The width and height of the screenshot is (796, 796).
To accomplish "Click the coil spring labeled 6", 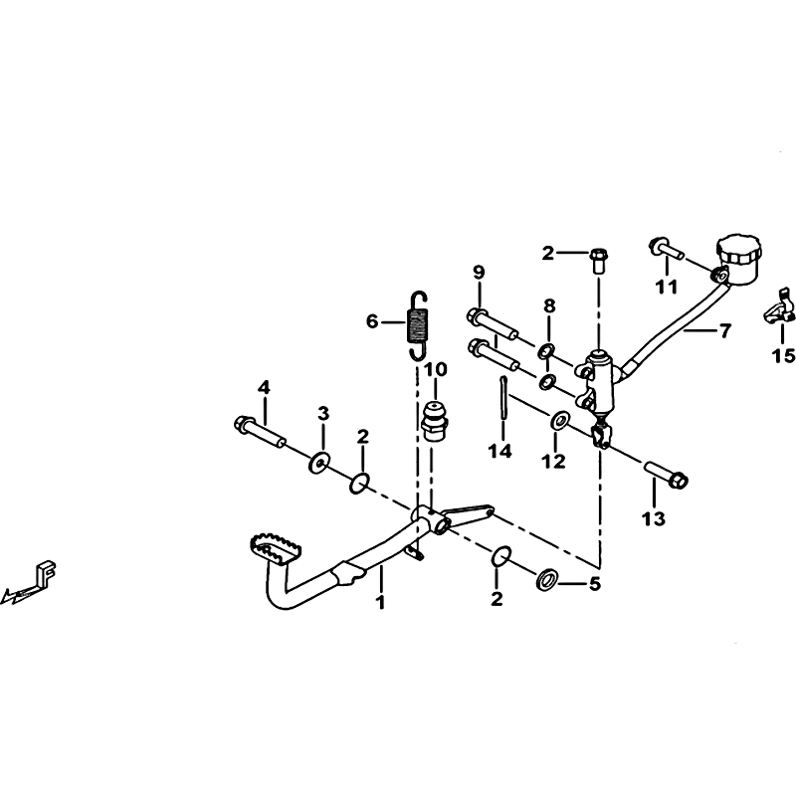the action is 418,325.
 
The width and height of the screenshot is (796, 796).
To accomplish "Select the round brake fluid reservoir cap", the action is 739,250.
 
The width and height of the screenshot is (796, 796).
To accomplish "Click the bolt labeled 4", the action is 261,431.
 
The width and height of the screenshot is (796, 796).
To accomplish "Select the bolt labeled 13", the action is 666,474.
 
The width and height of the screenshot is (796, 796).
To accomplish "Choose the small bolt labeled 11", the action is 667,250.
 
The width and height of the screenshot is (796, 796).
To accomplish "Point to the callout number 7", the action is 724,330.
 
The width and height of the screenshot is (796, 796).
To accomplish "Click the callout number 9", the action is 479,272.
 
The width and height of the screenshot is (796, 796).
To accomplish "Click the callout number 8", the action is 549,306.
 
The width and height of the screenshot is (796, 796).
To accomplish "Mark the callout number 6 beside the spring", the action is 372,321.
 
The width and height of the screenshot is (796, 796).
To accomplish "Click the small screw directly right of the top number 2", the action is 599,260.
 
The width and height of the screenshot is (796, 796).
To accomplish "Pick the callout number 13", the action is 654,519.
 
